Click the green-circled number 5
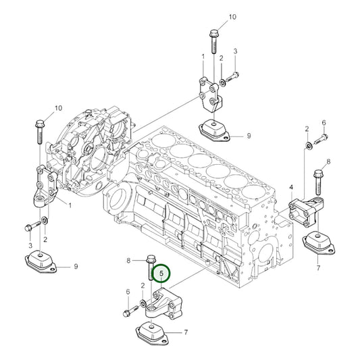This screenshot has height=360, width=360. pyautogui.click(x=161, y=274)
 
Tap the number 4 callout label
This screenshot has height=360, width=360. pyautogui.click(x=291, y=186)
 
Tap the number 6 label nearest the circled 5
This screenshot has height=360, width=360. pyautogui.click(x=128, y=291)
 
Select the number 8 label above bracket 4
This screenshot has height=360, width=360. pyautogui.click(x=328, y=161)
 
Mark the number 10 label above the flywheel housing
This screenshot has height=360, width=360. pyautogui.click(x=58, y=107)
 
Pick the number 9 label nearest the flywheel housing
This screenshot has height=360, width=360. pyautogui.click(x=76, y=267)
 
